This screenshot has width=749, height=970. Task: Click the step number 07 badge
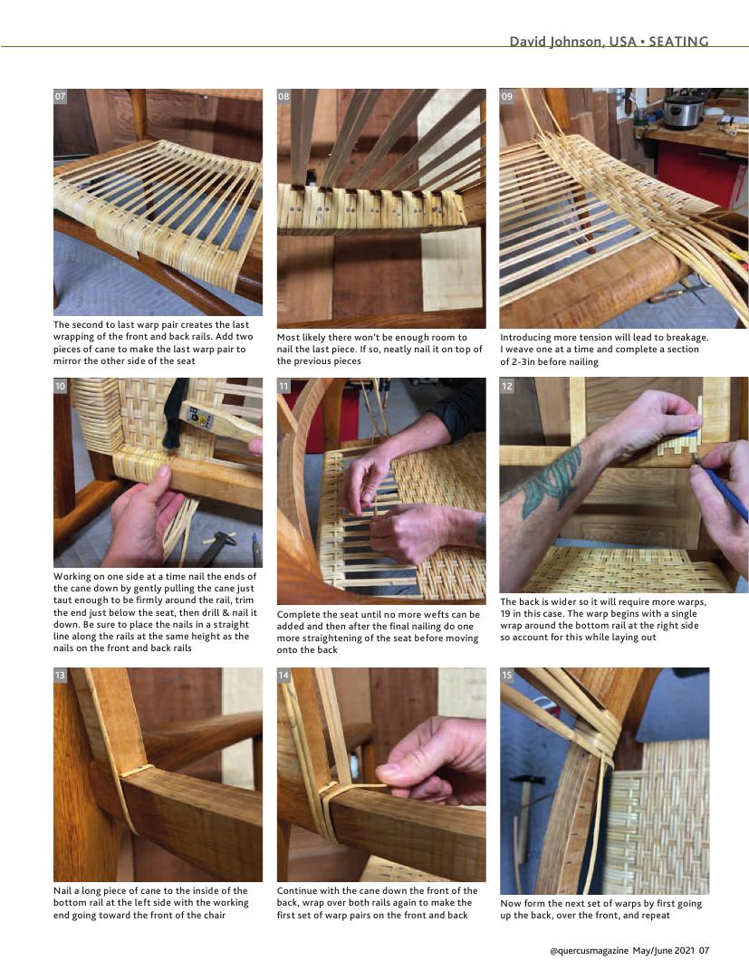pyautogui.click(x=60, y=97)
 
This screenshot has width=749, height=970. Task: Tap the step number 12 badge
pyautogui.click(x=506, y=386)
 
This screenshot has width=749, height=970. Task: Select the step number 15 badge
pyautogui.click(x=506, y=675)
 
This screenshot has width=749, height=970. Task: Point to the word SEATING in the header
pyautogui.click(x=678, y=42)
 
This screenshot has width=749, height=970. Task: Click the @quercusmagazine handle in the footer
pyautogui.click(x=589, y=950)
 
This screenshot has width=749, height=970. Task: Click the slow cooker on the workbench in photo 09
pyautogui.click(x=684, y=112)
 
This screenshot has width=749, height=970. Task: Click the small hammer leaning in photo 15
pyautogui.click(x=524, y=822)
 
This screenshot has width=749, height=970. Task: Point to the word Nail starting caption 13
pyautogui.click(x=62, y=890)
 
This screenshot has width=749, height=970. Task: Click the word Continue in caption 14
pyautogui.click(x=297, y=890)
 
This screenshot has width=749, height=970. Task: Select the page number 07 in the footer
pyautogui.click(x=704, y=950)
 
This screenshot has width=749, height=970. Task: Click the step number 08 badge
pyautogui.click(x=283, y=97)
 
